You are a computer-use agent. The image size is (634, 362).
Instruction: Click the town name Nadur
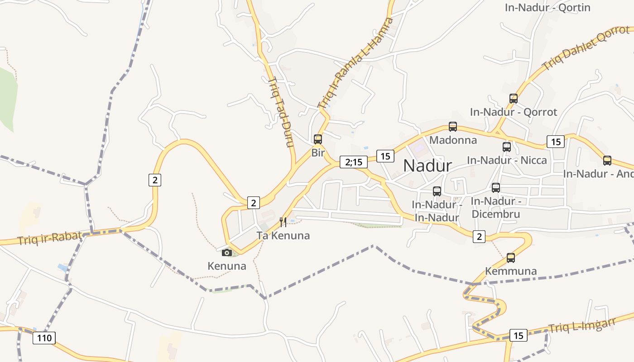(427, 166)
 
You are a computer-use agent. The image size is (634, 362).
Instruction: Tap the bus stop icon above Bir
(318, 139)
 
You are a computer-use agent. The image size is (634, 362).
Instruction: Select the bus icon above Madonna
(453, 127)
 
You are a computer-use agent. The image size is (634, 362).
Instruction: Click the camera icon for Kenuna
(227, 252)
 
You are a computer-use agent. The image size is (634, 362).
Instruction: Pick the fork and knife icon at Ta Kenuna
(283, 222)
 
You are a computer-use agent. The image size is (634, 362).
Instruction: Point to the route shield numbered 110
(44, 338)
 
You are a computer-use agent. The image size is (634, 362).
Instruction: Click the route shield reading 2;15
(353, 162)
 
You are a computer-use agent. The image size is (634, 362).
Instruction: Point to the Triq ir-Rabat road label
(50, 237)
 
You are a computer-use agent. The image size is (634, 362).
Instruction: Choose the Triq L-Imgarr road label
(582, 325)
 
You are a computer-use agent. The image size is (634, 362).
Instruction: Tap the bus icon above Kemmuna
(511, 258)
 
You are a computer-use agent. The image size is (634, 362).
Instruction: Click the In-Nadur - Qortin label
(548, 8)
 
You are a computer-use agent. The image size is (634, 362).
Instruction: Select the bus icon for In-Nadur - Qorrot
(514, 99)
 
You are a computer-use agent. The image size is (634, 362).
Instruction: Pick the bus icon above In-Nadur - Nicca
(507, 147)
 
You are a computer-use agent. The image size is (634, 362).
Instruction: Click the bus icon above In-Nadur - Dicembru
(496, 188)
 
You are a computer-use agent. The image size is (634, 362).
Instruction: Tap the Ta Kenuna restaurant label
(283, 235)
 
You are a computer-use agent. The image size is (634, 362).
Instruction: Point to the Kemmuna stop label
(511, 271)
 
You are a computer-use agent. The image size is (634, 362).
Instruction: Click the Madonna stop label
(453, 140)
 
